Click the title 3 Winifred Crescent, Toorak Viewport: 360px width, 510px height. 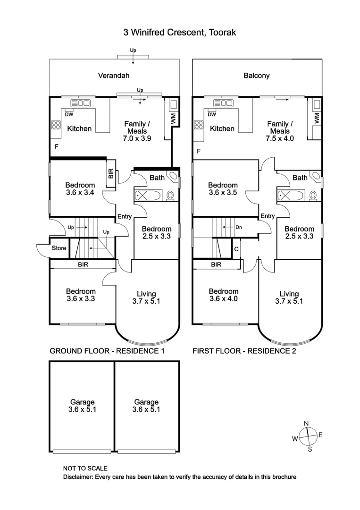(x=179, y=33)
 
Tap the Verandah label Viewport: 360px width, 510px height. (x=113, y=75)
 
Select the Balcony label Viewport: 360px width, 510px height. (x=257, y=76)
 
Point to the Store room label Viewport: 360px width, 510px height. (x=59, y=248)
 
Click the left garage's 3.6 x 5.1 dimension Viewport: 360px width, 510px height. (x=82, y=410)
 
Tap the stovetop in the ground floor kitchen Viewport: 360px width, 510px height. (x=56, y=125)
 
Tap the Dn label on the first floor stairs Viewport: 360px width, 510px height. (x=239, y=227)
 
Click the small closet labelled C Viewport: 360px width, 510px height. (x=236, y=248)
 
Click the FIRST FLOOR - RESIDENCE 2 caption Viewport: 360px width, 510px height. (x=244, y=351)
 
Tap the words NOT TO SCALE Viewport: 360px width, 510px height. (x=85, y=468)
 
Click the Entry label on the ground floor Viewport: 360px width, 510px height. (x=125, y=216)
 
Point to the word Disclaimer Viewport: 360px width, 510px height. (x=78, y=477)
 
